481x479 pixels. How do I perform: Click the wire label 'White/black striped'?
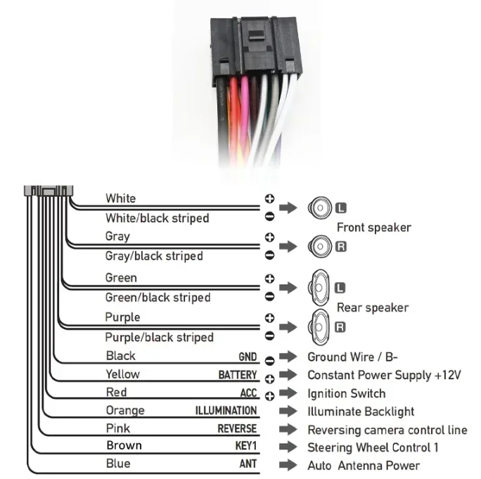(x=157, y=218)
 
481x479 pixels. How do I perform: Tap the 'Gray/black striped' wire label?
(x=154, y=255)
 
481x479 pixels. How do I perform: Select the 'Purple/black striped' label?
(x=159, y=337)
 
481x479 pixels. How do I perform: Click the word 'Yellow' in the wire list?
(x=122, y=374)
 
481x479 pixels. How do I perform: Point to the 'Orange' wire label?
(x=124, y=411)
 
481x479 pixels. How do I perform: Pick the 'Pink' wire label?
(x=117, y=428)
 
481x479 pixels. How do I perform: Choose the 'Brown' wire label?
(x=124, y=445)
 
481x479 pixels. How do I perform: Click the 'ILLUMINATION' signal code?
(x=226, y=411)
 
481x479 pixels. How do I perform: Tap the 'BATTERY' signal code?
(x=238, y=375)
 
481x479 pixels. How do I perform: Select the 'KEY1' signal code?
(x=245, y=446)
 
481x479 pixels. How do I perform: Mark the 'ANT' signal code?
(x=248, y=464)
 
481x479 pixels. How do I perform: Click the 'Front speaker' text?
(x=373, y=227)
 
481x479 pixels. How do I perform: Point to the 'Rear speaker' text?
(x=372, y=307)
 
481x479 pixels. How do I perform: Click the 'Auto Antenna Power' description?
(x=363, y=465)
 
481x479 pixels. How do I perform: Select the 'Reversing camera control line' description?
(x=387, y=430)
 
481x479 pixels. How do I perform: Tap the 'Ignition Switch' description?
(x=346, y=393)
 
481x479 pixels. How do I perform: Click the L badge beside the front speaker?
(x=342, y=207)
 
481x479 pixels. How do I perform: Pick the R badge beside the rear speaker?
(x=340, y=327)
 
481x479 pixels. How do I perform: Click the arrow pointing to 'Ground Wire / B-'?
(x=288, y=357)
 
